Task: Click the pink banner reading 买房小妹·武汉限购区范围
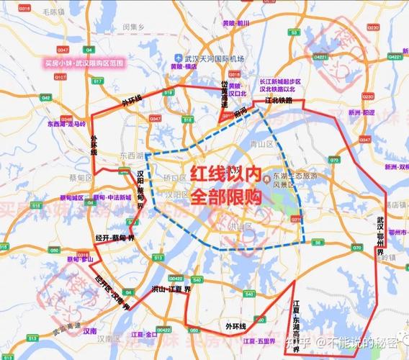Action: [84, 63]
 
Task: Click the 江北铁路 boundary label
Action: [279, 102]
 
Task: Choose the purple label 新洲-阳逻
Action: [362, 113]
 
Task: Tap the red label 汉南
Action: [89, 331]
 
